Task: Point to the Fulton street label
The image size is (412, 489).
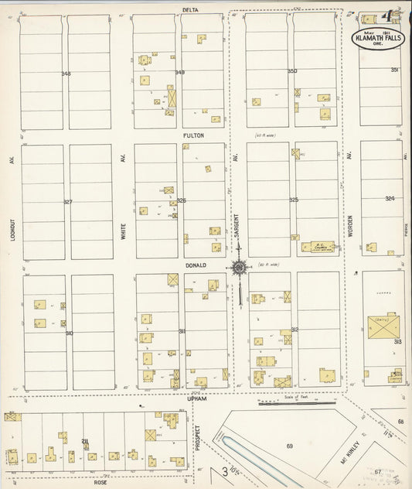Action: click(x=193, y=135)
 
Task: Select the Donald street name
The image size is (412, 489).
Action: click(x=195, y=265)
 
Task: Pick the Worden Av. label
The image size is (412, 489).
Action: click(x=350, y=224)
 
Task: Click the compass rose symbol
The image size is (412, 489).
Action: click(x=239, y=268)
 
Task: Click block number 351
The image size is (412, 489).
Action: click(x=394, y=70)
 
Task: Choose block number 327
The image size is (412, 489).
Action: click(x=68, y=202)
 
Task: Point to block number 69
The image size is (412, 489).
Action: click(x=290, y=446)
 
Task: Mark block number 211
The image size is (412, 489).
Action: click(x=85, y=441)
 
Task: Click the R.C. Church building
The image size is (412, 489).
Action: click(x=317, y=247)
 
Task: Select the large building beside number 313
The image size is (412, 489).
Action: click(x=383, y=327)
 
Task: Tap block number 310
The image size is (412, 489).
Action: click(x=69, y=333)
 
